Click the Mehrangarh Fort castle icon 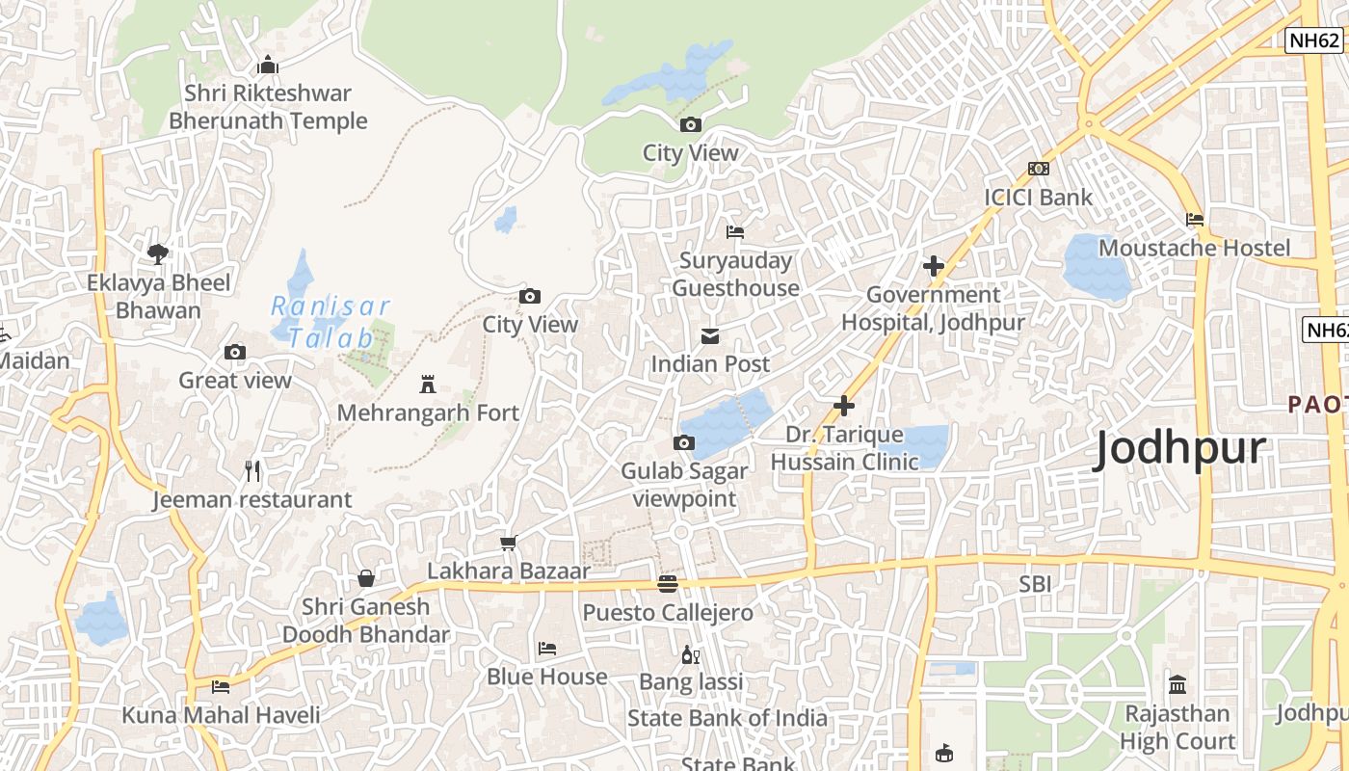point(428,385)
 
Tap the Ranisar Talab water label point(331,322)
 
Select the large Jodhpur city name point(1179,449)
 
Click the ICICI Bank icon point(1038,169)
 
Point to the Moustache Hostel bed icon point(1195,220)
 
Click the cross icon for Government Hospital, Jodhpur point(933,266)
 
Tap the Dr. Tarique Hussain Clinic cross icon point(844,407)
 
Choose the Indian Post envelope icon point(710,336)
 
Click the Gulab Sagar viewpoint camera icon point(683,443)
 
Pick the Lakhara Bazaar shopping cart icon point(509,544)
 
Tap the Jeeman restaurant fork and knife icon point(252,471)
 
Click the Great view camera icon point(235,353)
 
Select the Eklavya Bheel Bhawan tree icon point(158,254)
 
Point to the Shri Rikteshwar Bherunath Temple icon point(268,66)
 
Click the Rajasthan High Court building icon point(1177,685)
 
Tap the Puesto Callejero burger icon point(667,584)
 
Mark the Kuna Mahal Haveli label point(221,715)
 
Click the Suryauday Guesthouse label point(735,275)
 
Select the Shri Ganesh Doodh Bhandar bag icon point(366,578)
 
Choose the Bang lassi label point(691,682)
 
